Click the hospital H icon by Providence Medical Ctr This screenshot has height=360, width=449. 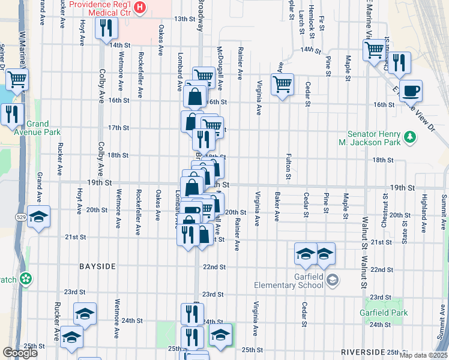[140, 7]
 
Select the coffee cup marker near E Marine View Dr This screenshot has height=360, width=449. [411, 91]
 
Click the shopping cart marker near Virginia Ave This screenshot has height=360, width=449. [282, 84]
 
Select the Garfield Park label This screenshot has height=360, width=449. [384, 313]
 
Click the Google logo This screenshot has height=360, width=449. [20, 353]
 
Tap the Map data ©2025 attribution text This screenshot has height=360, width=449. [423, 355]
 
